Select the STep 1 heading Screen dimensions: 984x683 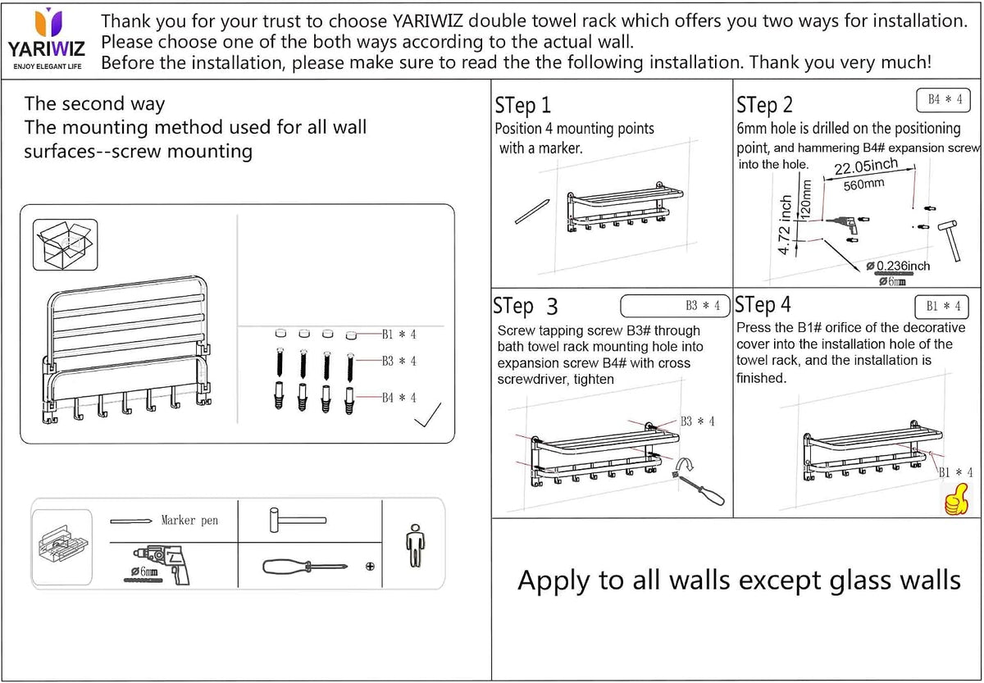[522, 106]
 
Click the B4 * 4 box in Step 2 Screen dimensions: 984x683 [943, 100]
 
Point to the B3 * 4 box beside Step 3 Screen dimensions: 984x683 [675, 306]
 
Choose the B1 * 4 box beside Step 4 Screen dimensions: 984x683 [942, 307]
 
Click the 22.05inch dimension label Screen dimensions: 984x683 [866, 167]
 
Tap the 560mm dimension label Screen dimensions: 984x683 [863, 184]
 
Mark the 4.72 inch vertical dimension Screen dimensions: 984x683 [785, 225]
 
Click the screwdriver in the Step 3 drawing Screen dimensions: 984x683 [698, 489]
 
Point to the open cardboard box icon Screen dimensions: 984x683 [65, 244]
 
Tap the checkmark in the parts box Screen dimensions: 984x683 [428, 415]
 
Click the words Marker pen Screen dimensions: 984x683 [189, 521]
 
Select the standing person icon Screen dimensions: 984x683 [415, 545]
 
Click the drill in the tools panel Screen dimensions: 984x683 [162, 564]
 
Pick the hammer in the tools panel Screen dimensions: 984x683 [298, 521]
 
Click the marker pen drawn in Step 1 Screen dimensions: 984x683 [532, 212]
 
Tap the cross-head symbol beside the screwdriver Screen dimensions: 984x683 [370, 567]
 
